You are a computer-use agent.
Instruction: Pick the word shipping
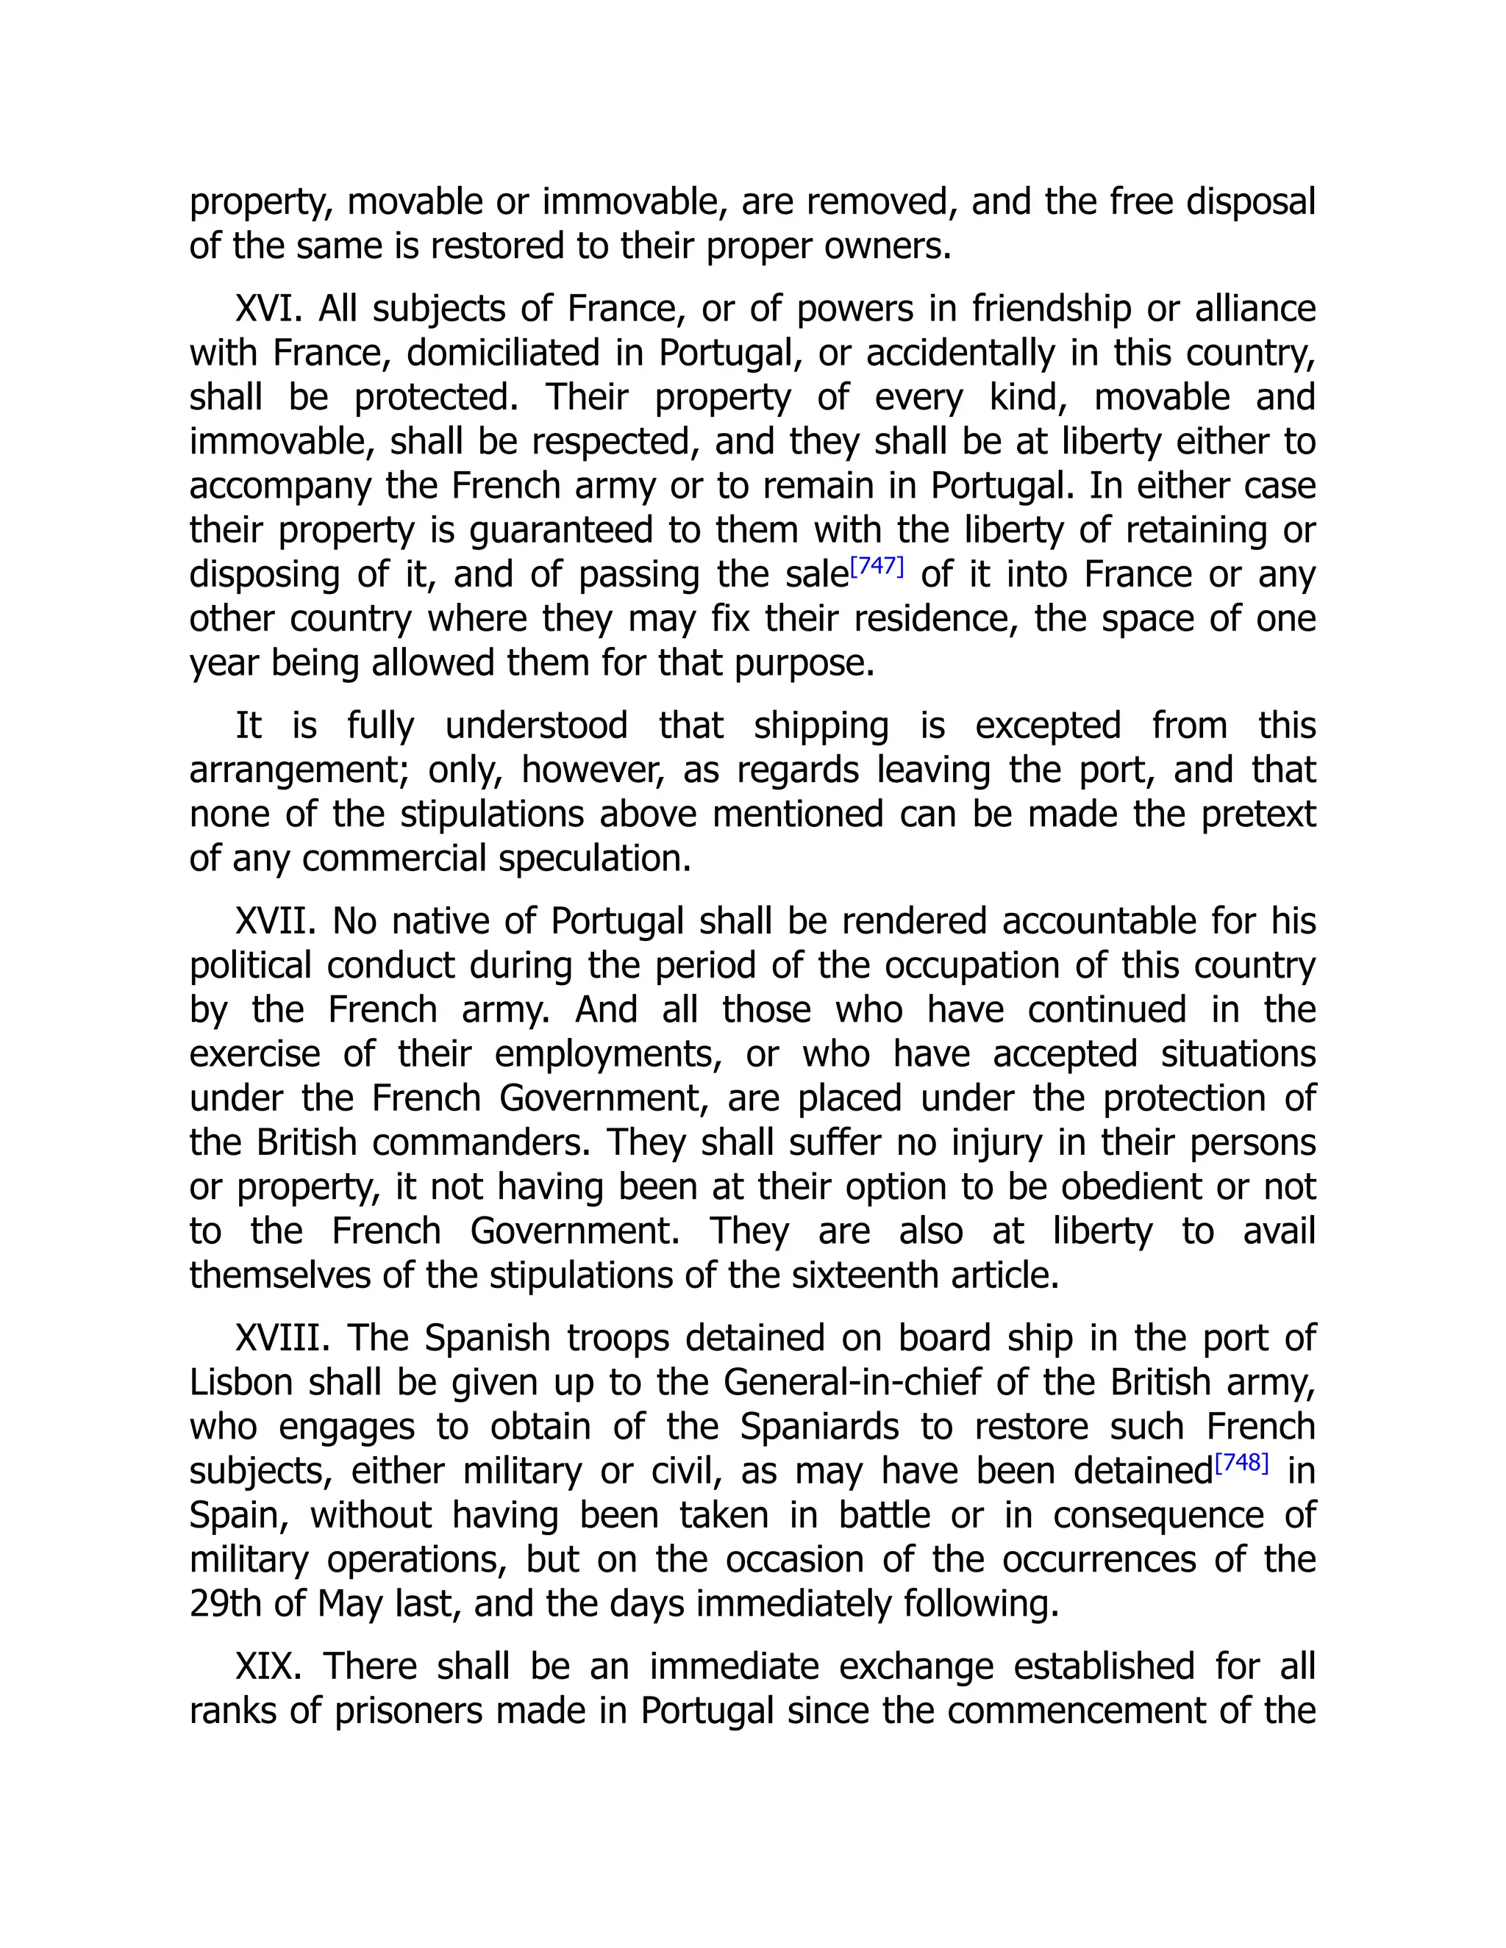click(x=821, y=726)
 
